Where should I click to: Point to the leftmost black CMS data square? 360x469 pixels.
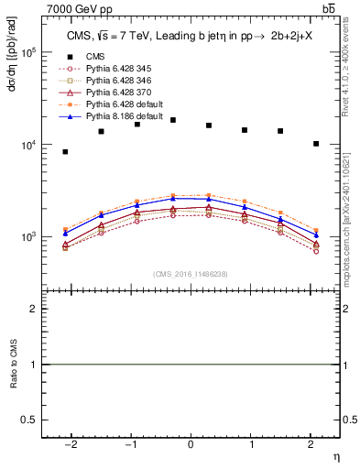tap(65, 152)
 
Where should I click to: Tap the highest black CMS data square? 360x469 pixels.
tap(173, 120)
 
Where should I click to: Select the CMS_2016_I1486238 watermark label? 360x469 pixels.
tap(190, 274)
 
